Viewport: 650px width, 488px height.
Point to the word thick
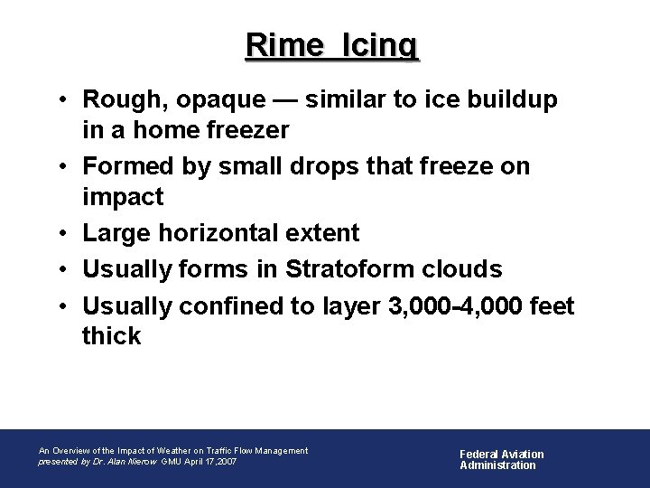112,336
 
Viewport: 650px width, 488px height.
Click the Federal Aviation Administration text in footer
502,459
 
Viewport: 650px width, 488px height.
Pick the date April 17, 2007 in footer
210,461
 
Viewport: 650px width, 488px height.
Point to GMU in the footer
171,461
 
